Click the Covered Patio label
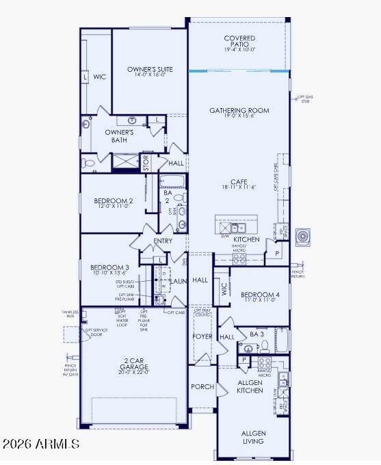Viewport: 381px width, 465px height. click(239, 42)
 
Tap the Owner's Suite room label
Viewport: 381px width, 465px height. click(149, 72)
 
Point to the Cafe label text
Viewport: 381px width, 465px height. click(239, 184)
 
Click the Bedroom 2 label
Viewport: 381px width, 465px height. click(113, 204)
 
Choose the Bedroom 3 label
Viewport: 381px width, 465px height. click(109, 270)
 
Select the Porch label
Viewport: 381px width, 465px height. click(202, 386)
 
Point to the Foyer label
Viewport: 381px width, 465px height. click(202, 336)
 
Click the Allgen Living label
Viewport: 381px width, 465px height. click(252, 437)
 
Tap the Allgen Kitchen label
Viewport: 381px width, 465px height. click(250, 386)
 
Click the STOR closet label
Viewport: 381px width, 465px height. click(145, 163)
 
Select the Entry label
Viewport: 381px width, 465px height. click(163, 241)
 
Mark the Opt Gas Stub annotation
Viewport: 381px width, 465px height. click(303, 100)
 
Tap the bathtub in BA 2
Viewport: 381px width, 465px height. click(172, 181)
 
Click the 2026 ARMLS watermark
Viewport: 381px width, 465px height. click(41, 444)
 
